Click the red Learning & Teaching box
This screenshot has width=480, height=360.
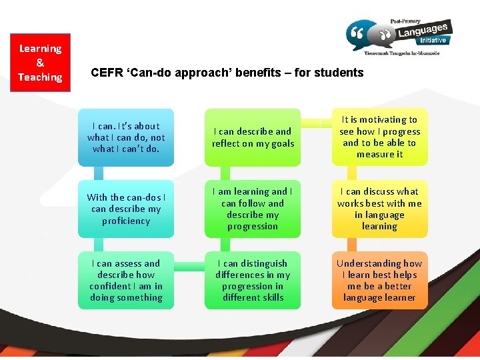(40, 63)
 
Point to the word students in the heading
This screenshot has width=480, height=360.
(341, 73)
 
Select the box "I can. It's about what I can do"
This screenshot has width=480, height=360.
(126, 137)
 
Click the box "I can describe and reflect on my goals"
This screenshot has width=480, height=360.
(253, 137)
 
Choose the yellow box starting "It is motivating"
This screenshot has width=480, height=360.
(379, 137)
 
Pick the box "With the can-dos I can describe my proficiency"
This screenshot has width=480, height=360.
(126, 209)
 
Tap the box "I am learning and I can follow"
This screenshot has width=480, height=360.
(253, 209)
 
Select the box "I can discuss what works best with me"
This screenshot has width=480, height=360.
(379, 209)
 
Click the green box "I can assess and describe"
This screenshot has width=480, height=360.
(126, 280)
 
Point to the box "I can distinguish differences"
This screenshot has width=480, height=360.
(253, 280)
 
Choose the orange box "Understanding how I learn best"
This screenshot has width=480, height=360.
(379, 280)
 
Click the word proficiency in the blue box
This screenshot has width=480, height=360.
(126, 221)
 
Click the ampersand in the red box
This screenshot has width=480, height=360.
(40, 63)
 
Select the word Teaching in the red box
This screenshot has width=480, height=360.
(40, 77)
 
